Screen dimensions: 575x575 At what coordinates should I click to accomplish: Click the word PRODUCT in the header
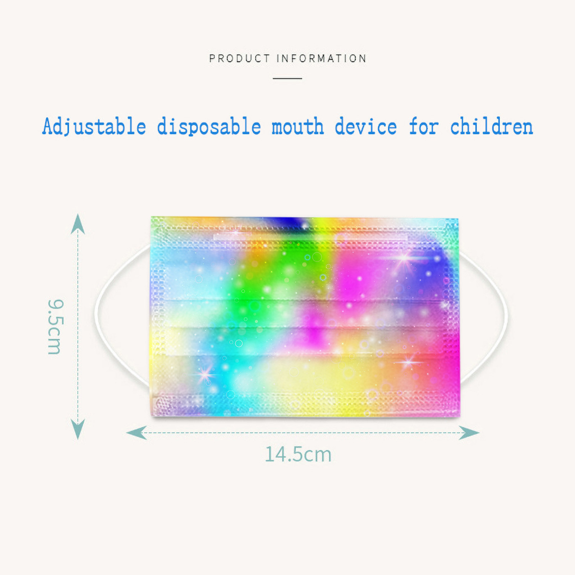(239, 58)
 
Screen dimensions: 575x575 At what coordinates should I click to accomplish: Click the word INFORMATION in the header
(322, 58)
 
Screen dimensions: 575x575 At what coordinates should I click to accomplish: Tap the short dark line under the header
(287, 78)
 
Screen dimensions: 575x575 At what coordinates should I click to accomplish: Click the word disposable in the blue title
(209, 126)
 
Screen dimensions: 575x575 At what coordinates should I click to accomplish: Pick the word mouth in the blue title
(298, 127)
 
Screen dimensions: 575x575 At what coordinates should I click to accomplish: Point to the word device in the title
(366, 126)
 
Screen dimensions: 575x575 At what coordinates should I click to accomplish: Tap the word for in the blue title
(424, 126)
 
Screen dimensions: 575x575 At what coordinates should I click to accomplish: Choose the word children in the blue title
(492, 126)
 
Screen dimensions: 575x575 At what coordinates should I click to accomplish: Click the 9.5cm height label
(55, 327)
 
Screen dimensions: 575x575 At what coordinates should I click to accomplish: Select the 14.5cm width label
(298, 454)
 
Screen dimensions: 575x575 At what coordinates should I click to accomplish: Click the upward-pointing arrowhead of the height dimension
(78, 224)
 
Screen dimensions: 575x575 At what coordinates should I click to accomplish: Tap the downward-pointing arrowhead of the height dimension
(78, 429)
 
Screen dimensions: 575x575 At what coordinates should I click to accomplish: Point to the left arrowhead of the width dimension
(136, 433)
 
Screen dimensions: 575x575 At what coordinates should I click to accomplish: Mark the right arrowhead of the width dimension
(469, 433)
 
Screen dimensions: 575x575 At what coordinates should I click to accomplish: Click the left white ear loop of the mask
(96, 314)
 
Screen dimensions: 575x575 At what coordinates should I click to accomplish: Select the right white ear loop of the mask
(506, 314)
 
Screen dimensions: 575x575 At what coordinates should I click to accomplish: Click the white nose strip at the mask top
(311, 237)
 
